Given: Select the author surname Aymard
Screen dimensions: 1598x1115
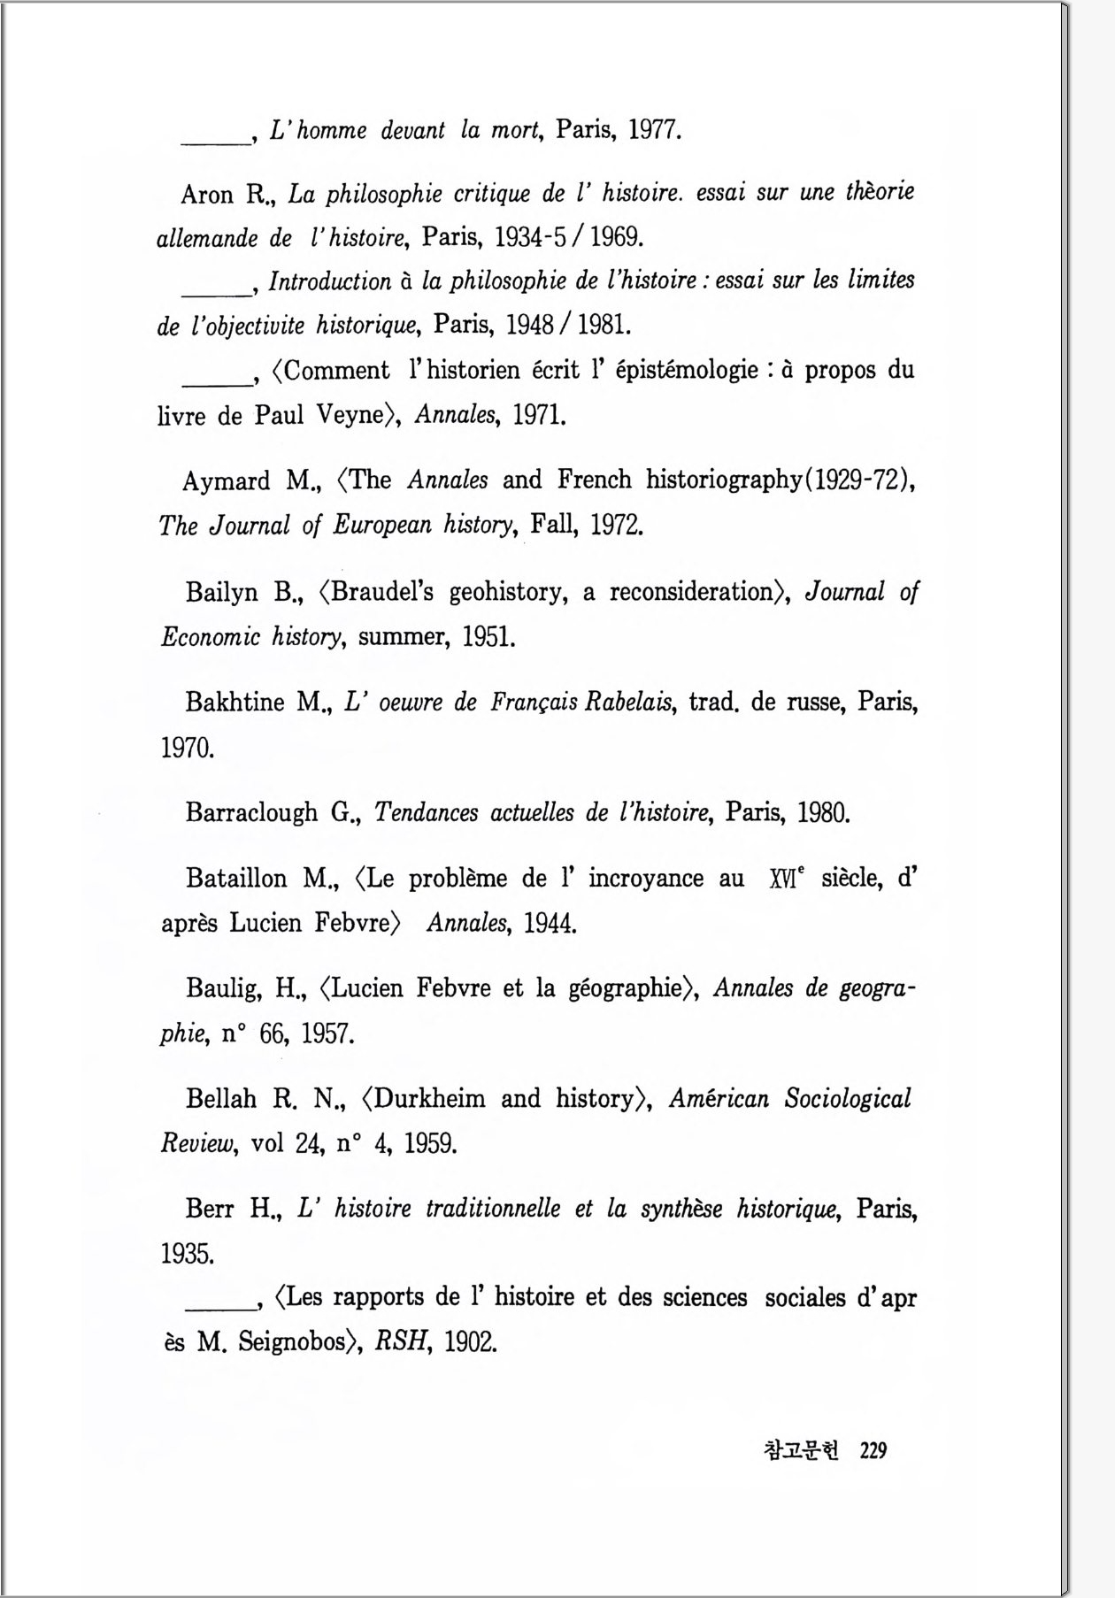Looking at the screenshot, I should [226, 480].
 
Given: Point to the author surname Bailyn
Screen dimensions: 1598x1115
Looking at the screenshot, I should [221, 592].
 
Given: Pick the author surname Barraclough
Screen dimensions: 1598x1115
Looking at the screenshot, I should [251, 812].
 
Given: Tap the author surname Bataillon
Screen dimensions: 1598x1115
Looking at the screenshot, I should [236, 878].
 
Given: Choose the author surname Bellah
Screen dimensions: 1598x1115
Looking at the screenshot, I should [221, 1098].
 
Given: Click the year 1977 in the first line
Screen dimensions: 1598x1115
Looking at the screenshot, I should [654, 131].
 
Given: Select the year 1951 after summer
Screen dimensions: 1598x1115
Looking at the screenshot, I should [488, 637].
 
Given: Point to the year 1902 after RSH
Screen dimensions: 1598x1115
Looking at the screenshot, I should [470, 1342].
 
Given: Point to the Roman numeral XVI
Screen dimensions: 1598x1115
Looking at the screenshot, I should [785, 880].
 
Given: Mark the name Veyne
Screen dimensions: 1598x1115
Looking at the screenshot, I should [349, 415].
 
